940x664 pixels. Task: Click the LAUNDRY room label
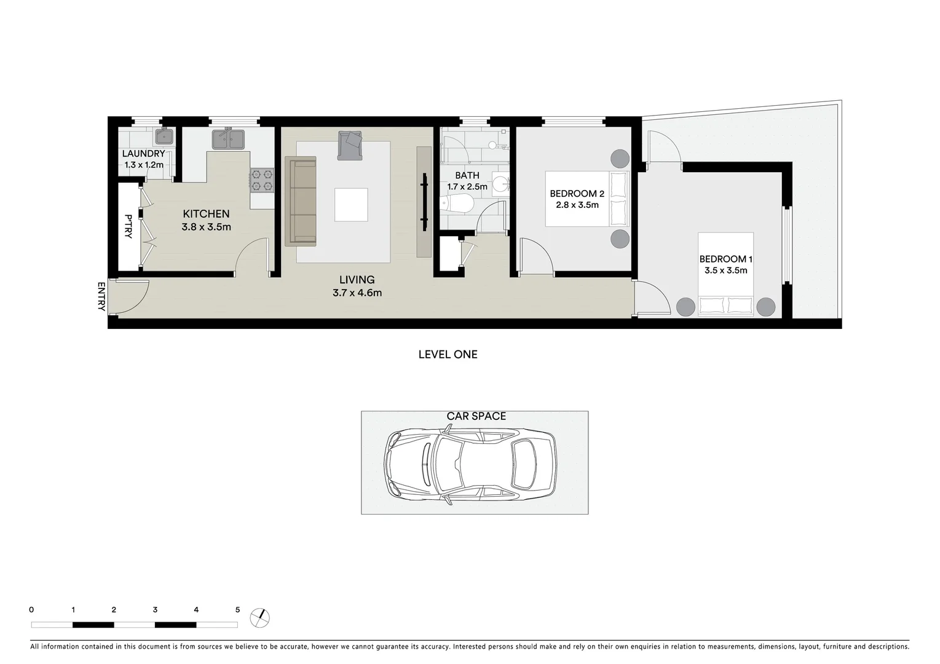coord(143,154)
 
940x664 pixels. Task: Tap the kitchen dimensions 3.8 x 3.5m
coord(206,227)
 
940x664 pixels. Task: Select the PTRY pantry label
coord(128,226)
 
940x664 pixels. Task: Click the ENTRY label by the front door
coord(101,296)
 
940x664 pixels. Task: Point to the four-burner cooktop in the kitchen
coord(261,181)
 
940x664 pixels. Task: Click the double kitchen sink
coord(228,139)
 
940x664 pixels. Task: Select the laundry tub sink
coord(164,136)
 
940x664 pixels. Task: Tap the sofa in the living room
coord(300,201)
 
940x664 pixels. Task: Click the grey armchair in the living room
coord(350,146)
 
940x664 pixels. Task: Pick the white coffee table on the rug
coord(351,205)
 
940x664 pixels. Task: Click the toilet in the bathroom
coord(456,202)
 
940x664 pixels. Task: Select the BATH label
coord(467,176)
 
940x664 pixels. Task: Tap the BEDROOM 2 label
coord(577,194)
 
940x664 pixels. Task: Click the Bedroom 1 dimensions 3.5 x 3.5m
coord(725,271)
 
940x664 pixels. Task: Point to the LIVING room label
coord(357,280)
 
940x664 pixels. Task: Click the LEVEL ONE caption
coord(448,354)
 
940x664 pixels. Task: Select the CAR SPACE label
coord(476,416)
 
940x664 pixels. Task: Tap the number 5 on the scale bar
coord(237,610)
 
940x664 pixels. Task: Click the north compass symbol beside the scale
coord(260,617)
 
